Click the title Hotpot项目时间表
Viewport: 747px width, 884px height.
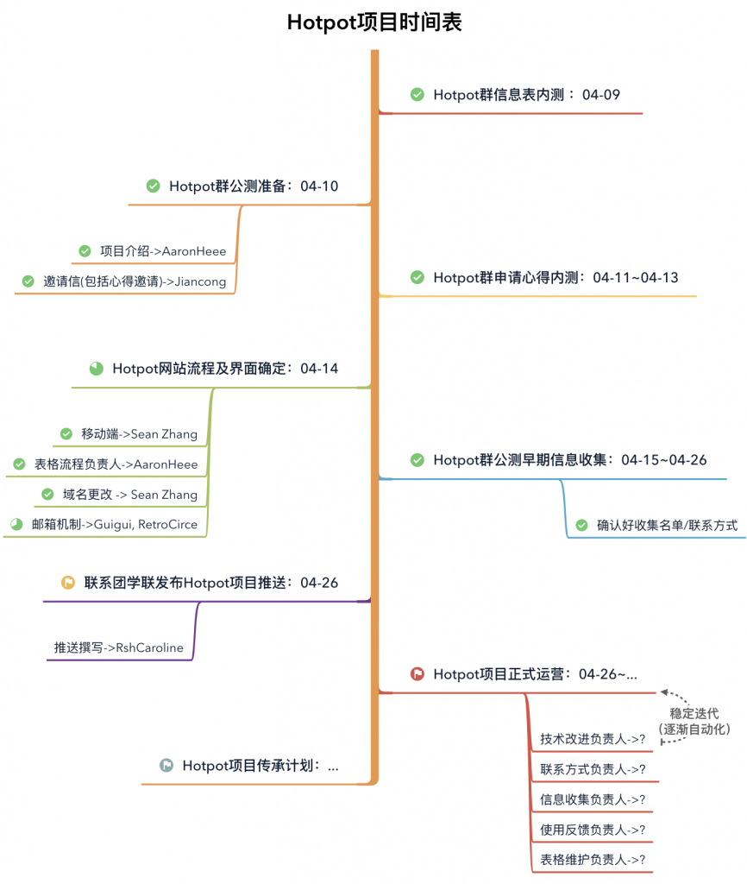click(374, 22)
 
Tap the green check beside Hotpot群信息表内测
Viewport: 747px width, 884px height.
click(417, 94)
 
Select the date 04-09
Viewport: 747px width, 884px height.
click(600, 95)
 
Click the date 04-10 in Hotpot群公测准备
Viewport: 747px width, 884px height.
click(319, 186)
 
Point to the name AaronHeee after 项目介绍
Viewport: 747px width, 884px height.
click(194, 251)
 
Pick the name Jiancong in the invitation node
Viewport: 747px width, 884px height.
click(200, 282)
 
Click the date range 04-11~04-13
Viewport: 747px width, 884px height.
click(636, 277)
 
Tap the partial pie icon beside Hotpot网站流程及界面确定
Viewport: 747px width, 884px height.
click(97, 368)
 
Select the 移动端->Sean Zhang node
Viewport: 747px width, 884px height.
click(139, 434)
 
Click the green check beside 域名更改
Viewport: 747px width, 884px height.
click(48, 495)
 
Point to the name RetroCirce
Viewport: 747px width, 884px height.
click(168, 524)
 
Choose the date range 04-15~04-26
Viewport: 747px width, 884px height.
click(663, 460)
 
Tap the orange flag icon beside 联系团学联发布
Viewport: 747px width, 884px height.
click(68, 583)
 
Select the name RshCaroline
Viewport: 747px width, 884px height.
click(149, 647)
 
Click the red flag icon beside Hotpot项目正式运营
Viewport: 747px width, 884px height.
click(417, 673)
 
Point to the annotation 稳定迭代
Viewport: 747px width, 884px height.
click(694, 713)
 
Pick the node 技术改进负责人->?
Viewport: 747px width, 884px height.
click(593, 739)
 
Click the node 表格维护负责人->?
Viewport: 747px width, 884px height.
click(593, 860)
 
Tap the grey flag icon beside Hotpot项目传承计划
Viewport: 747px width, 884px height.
click(166, 765)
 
